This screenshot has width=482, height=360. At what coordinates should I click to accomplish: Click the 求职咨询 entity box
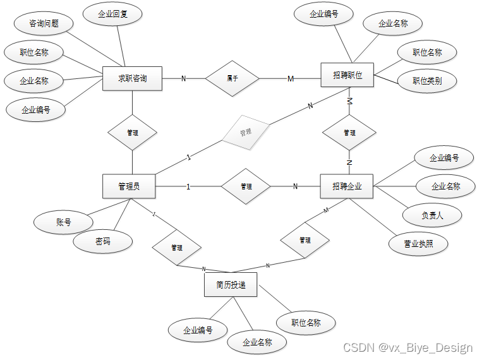click(x=132, y=79)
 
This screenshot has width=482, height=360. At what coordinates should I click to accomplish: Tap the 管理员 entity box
click(x=129, y=186)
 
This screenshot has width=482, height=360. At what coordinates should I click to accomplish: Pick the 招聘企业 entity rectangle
click(x=347, y=186)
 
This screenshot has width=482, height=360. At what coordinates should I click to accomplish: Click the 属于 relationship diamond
click(x=232, y=78)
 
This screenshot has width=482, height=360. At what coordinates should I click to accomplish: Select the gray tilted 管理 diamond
click(x=245, y=133)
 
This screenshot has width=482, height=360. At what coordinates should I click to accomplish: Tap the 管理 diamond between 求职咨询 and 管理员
click(x=132, y=133)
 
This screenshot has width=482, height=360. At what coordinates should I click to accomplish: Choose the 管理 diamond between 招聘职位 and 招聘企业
click(x=349, y=133)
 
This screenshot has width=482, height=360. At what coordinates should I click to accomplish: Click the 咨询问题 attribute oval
click(x=44, y=24)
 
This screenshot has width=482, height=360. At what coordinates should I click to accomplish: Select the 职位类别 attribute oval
click(x=427, y=81)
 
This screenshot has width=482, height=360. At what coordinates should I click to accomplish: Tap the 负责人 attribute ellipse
click(x=432, y=215)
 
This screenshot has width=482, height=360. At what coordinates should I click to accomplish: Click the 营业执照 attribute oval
click(x=419, y=244)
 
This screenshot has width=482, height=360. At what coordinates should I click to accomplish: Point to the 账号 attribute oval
click(x=63, y=222)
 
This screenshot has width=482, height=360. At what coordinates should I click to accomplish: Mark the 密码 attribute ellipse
click(x=103, y=241)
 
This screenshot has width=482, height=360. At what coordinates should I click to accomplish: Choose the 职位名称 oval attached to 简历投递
click(x=306, y=323)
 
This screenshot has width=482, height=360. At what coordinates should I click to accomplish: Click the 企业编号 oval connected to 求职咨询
click(x=35, y=110)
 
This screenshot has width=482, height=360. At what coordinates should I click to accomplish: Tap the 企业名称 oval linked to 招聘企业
click(x=445, y=186)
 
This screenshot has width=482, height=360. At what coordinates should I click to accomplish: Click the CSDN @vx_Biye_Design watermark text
click(x=407, y=348)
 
